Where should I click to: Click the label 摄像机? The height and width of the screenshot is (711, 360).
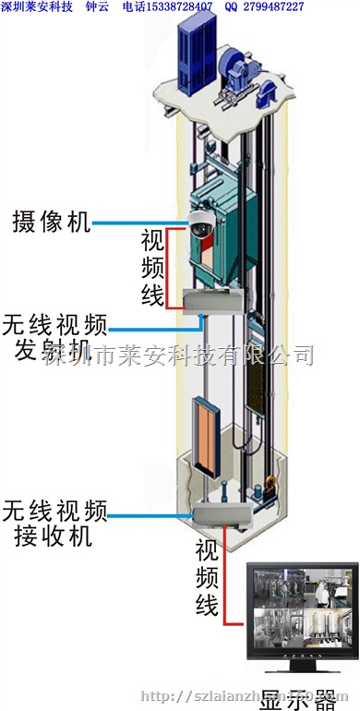(51, 222)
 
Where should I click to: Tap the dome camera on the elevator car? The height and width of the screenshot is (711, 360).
(201, 225)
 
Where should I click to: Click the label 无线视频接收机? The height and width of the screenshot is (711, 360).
(55, 522)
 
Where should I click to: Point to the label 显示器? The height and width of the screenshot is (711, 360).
(300, 699)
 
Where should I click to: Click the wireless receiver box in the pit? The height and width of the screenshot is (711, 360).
(222, 513)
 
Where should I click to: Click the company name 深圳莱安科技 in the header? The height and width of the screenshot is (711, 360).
(36, 7)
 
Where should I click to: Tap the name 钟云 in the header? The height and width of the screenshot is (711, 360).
(97, 7)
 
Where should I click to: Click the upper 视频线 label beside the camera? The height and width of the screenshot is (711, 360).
(153, 268)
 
